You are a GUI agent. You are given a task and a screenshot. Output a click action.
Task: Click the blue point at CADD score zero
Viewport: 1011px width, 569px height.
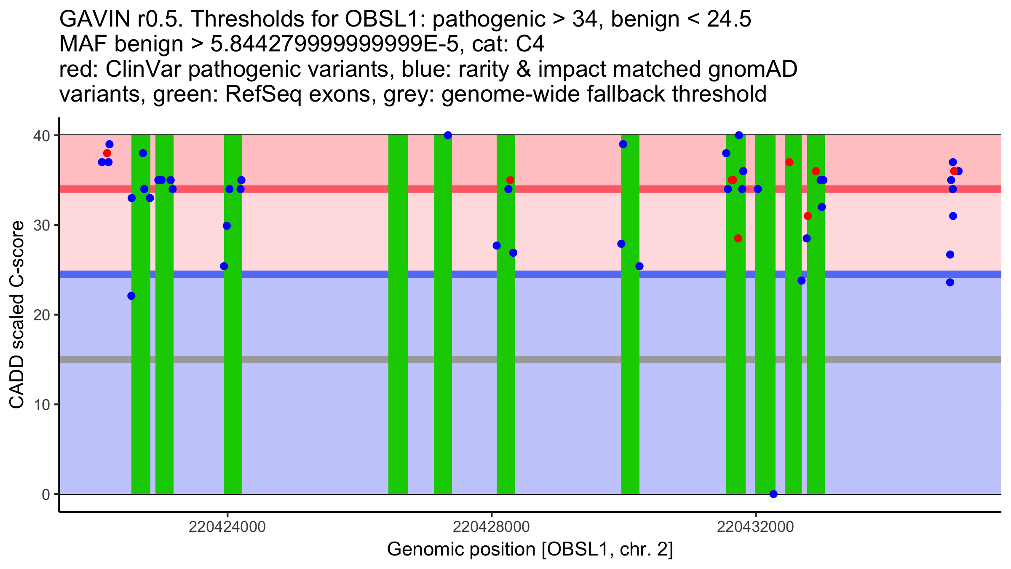[773, 494]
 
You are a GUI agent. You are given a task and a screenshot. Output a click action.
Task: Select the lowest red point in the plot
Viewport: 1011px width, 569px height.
[738, 239]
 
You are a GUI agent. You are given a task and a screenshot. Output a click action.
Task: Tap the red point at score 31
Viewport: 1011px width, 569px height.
[808, 216]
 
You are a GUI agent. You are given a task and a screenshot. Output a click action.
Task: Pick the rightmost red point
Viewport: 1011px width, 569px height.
[954, 171]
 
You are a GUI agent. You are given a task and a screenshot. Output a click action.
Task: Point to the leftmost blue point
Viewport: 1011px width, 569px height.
[102, 162]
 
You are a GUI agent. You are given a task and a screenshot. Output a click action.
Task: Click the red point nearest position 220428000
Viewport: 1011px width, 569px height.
[510, 180]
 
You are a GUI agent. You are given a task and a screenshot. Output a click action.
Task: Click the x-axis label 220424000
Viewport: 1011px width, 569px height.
[227, 527]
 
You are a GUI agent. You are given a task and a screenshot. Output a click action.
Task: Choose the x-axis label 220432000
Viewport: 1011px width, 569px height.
[755, 527]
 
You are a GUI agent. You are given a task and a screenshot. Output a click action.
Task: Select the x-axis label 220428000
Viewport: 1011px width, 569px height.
[491, 527]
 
